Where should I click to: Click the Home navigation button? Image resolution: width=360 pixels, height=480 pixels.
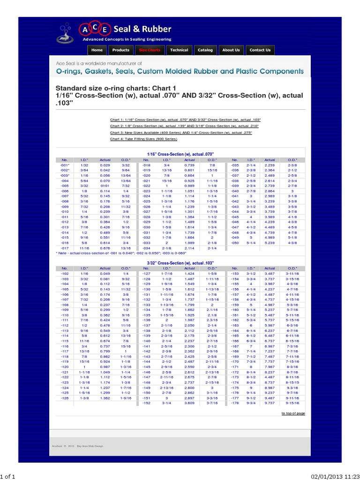coord(97,50)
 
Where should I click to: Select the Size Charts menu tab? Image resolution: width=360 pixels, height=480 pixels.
coord(150,50)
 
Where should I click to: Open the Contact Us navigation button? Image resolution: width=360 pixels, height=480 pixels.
coord(260,50)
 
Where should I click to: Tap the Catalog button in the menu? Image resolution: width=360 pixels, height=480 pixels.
coord(205,50)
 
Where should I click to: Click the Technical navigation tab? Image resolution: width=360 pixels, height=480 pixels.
coord(179,50)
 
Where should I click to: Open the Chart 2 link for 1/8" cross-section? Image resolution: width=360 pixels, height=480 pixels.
coord(185,126)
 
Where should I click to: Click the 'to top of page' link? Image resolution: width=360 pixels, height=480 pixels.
coord(293,413)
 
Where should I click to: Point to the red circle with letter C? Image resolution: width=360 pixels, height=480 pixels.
coord(95,27)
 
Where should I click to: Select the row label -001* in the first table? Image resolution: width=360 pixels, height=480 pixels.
coord(65,165)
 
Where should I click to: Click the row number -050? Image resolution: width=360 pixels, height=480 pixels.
coord(235,243)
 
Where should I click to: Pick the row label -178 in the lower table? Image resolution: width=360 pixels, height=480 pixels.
coord(235,403)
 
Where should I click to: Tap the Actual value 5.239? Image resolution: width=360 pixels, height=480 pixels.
coord(270,243)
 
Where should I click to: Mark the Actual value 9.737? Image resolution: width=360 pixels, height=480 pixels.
coord(270,403)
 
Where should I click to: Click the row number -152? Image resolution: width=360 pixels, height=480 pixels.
coord(147,403)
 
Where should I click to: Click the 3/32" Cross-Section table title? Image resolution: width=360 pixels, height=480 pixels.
coord(180,263)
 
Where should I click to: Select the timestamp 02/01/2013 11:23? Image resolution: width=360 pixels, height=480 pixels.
coord(334,476)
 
